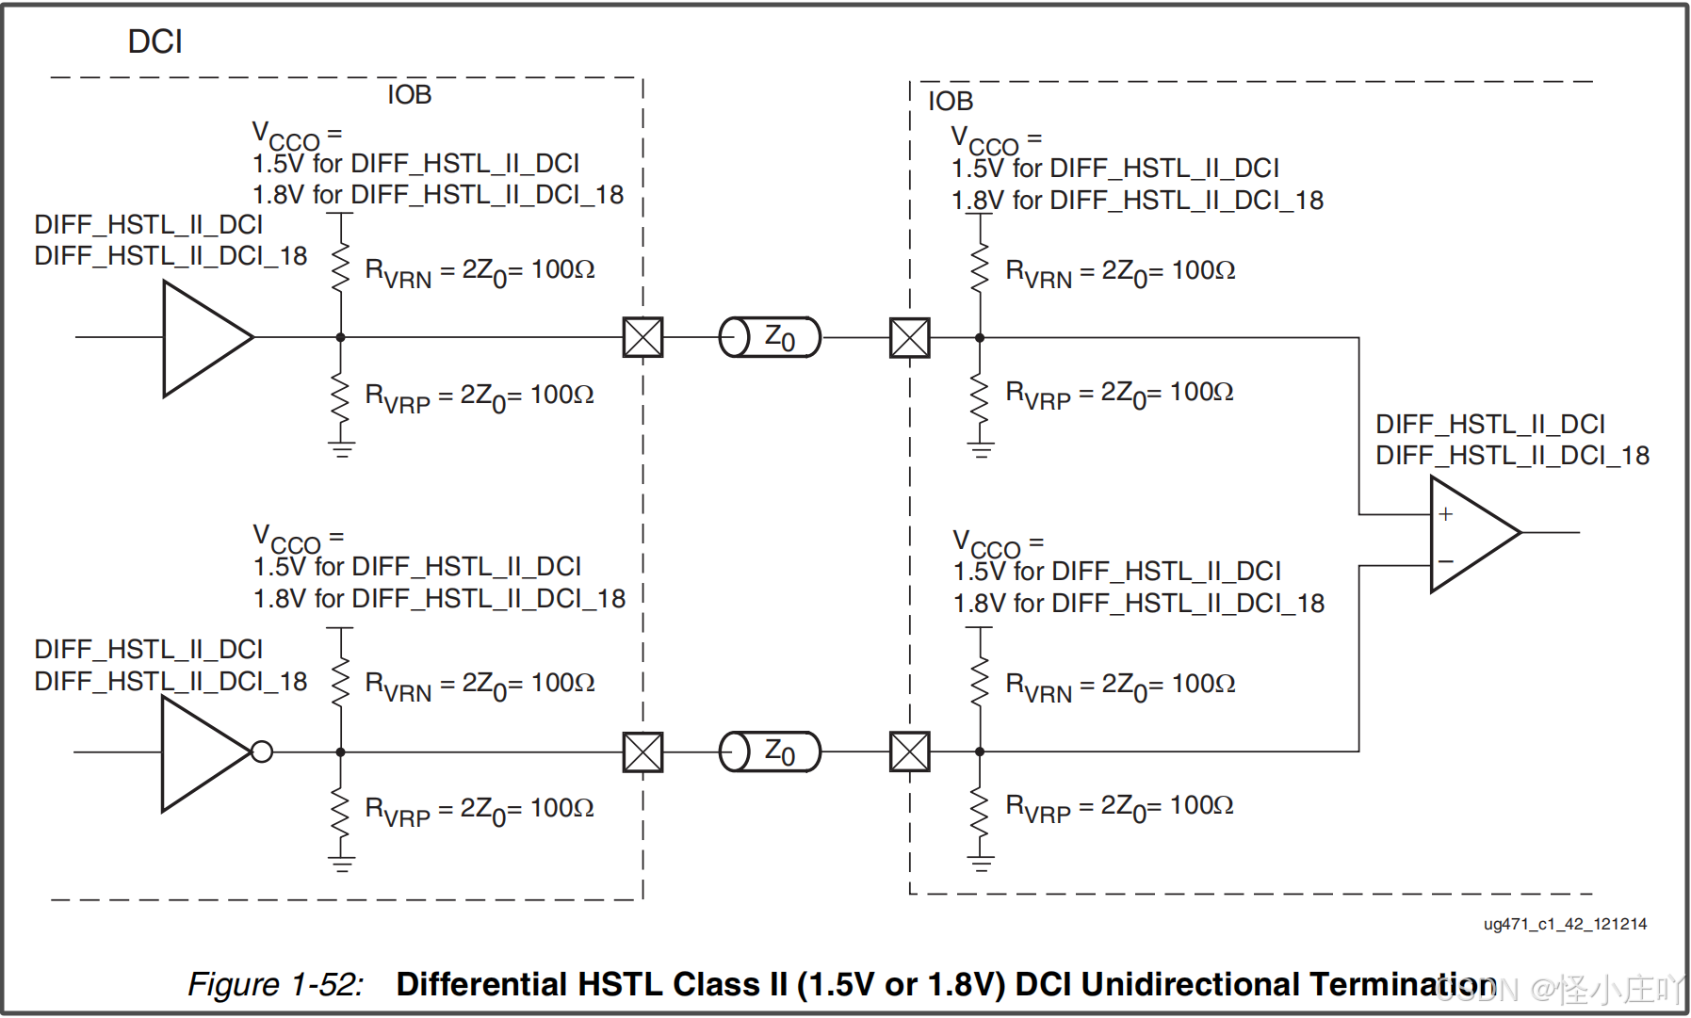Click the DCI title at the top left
click(x=154, y=41)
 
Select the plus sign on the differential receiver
click(x=1446, y=514)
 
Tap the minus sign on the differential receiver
click(x=1446, y=562)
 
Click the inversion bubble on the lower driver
click(x=262, y=751)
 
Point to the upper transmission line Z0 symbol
click(x=770, y=337)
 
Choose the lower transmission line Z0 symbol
click(x=770, y=751)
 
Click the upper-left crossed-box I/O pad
click(x=642, y=337)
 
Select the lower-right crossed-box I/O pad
click(x=909, y=751)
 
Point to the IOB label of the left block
click(x=409, y=95)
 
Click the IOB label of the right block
click(x=950, y=101)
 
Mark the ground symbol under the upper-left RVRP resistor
click(x=341, y=449)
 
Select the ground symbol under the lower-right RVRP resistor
click(x=981, y=863)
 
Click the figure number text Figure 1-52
click(x=275, y=984)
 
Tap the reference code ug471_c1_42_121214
click(x=1565, y=924)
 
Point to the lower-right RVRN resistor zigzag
click(x=980, y=681)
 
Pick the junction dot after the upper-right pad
click(x=980, y=337)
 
